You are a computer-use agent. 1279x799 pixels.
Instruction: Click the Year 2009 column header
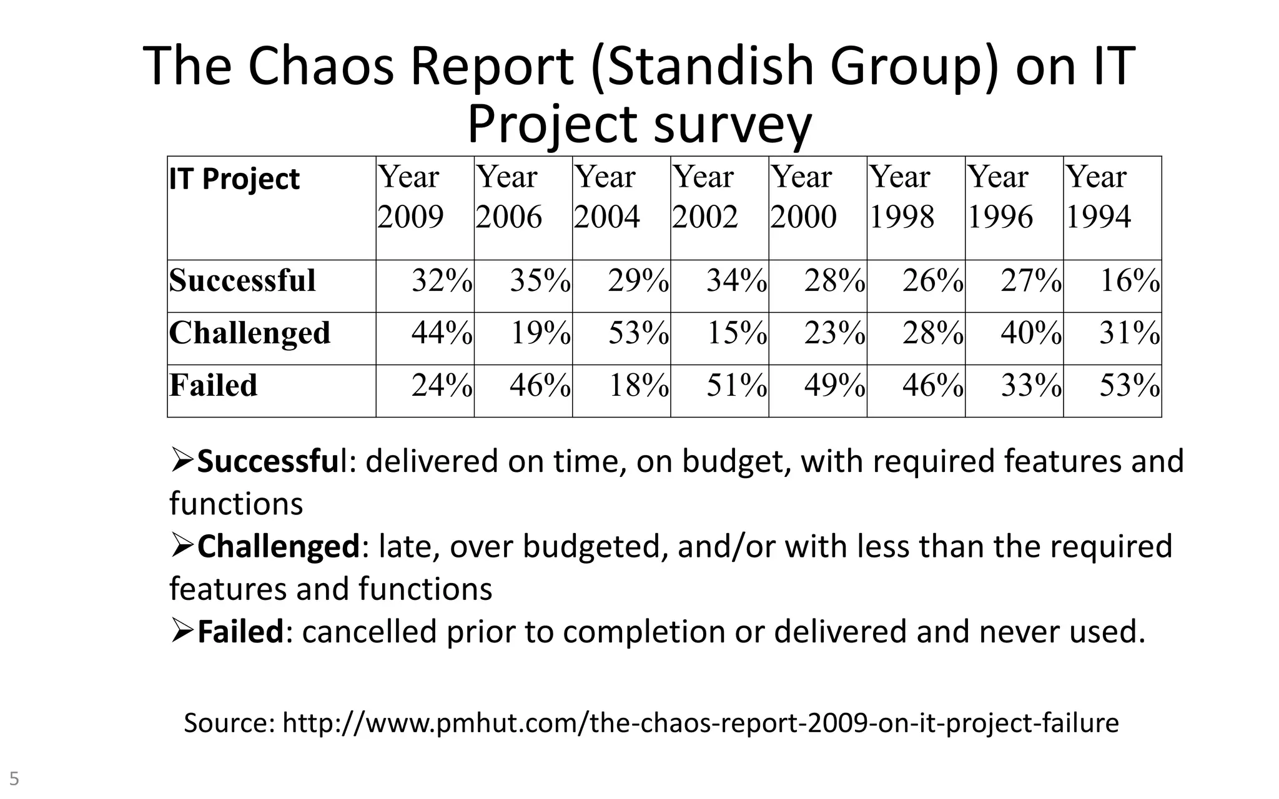point(411,197)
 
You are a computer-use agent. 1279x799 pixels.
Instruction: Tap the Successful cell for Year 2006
point(540,281)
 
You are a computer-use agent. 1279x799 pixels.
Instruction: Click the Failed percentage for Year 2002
point(736,386)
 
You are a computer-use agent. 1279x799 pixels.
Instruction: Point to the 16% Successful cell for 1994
point(1129,281)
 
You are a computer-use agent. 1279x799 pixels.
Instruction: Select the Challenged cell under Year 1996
point(1030,333)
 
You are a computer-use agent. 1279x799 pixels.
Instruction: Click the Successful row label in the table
point(242,280)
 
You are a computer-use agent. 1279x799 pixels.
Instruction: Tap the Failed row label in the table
point(214,385)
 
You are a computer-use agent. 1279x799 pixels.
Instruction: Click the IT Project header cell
point(234,179)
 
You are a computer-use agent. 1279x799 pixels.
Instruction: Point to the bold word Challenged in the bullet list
point(279,546)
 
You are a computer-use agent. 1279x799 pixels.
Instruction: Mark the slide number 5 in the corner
point(14,779)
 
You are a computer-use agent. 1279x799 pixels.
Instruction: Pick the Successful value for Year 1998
point(932,281)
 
